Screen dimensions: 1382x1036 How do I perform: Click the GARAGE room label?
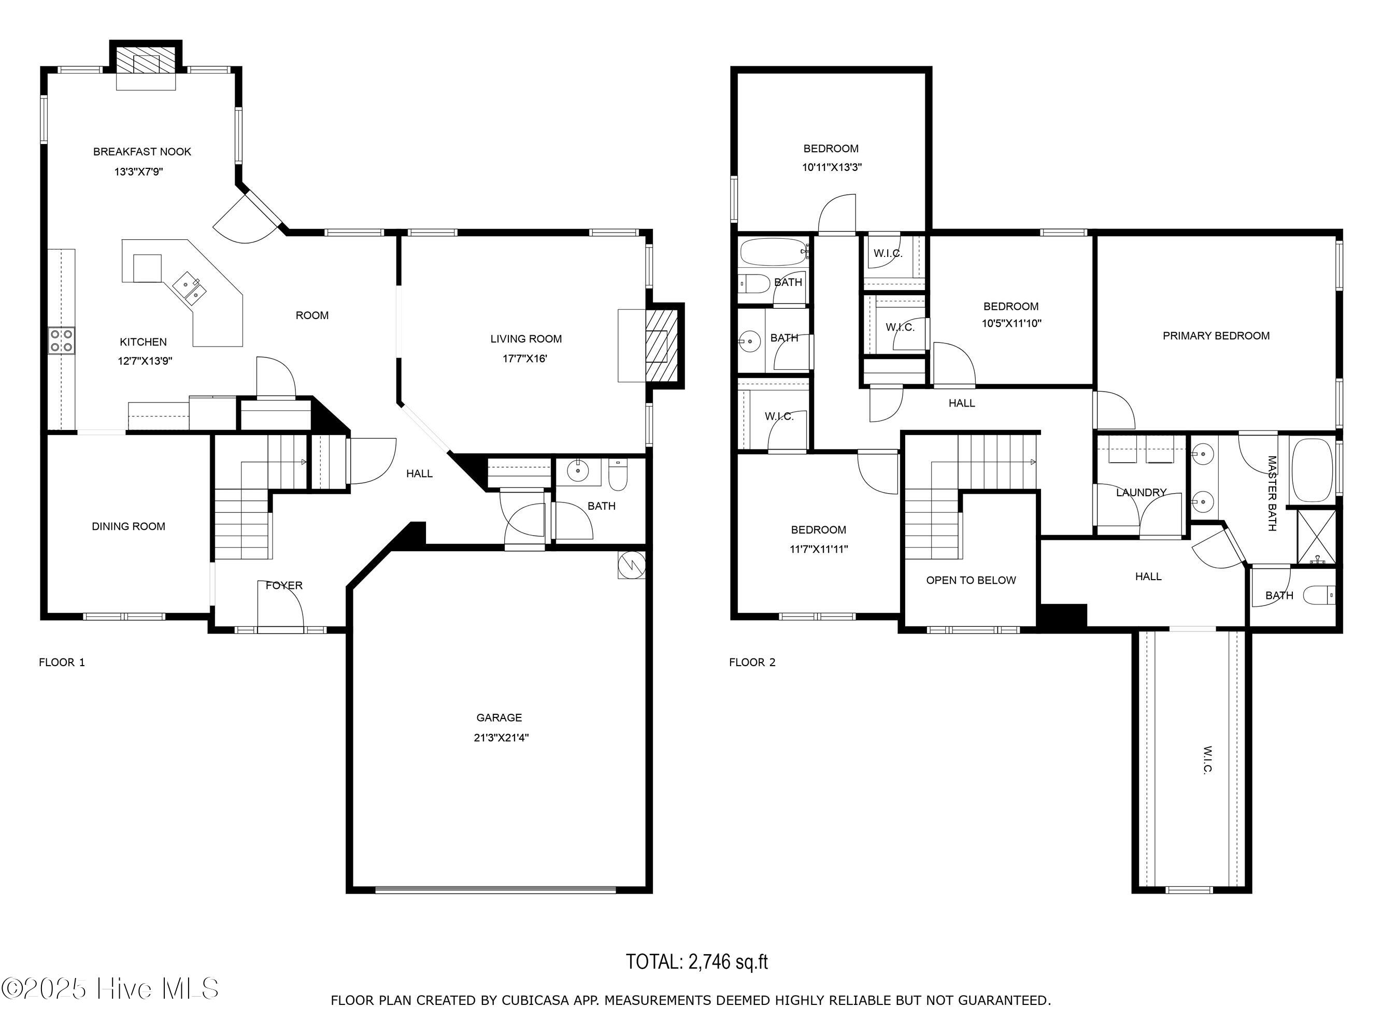coord(498,717)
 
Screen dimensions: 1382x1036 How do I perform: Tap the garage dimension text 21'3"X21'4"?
coord(501,738)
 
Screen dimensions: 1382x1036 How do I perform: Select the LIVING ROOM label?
coord(525,339)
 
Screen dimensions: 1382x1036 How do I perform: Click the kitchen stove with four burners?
coord(61,340)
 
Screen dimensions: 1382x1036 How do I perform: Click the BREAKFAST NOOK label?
coord(142,152)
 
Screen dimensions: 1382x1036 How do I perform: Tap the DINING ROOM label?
coord(129,526)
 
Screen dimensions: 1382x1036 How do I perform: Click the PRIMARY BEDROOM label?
coord(1216,336)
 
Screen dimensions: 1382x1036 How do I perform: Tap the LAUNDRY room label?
coord(1141,493)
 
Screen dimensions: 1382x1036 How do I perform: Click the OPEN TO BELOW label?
coord(971,580)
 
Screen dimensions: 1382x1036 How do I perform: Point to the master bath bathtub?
coord(1312,470)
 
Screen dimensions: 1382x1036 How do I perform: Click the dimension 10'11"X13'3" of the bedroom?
coord(832,167)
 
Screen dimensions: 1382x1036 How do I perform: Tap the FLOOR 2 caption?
coord(752,663)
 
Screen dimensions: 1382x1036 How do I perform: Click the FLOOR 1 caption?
coord(62,663)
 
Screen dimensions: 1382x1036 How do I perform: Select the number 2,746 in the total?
coord(709,962)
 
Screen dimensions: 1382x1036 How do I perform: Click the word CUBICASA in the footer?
coord(535,1000)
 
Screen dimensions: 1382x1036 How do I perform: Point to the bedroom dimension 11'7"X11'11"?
coord(818,550)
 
